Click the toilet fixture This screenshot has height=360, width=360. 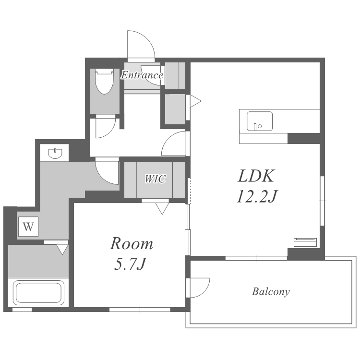point(104,81)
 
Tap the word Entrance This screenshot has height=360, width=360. point(142,75)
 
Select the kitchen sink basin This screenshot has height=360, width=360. point(259,121)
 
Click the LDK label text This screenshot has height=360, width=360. point(256,176)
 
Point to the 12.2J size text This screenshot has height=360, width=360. point(257,196)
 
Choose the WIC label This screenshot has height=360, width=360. point(155,179)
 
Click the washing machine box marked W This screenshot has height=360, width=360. point(28,227)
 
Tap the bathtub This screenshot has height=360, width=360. point(38,292)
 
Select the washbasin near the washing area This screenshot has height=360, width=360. point(55,153)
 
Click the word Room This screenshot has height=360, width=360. point(132,243)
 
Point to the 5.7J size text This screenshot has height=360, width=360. point(130,264)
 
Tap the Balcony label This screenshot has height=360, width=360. point(271,291)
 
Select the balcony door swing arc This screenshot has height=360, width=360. point(204,292)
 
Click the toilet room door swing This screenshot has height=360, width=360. point(110,132)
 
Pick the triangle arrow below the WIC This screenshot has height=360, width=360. point(162,208)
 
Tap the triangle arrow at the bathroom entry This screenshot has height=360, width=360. point(62,249)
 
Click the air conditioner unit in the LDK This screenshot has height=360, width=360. point(305,242)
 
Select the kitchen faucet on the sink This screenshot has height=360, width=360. point(255,127)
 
